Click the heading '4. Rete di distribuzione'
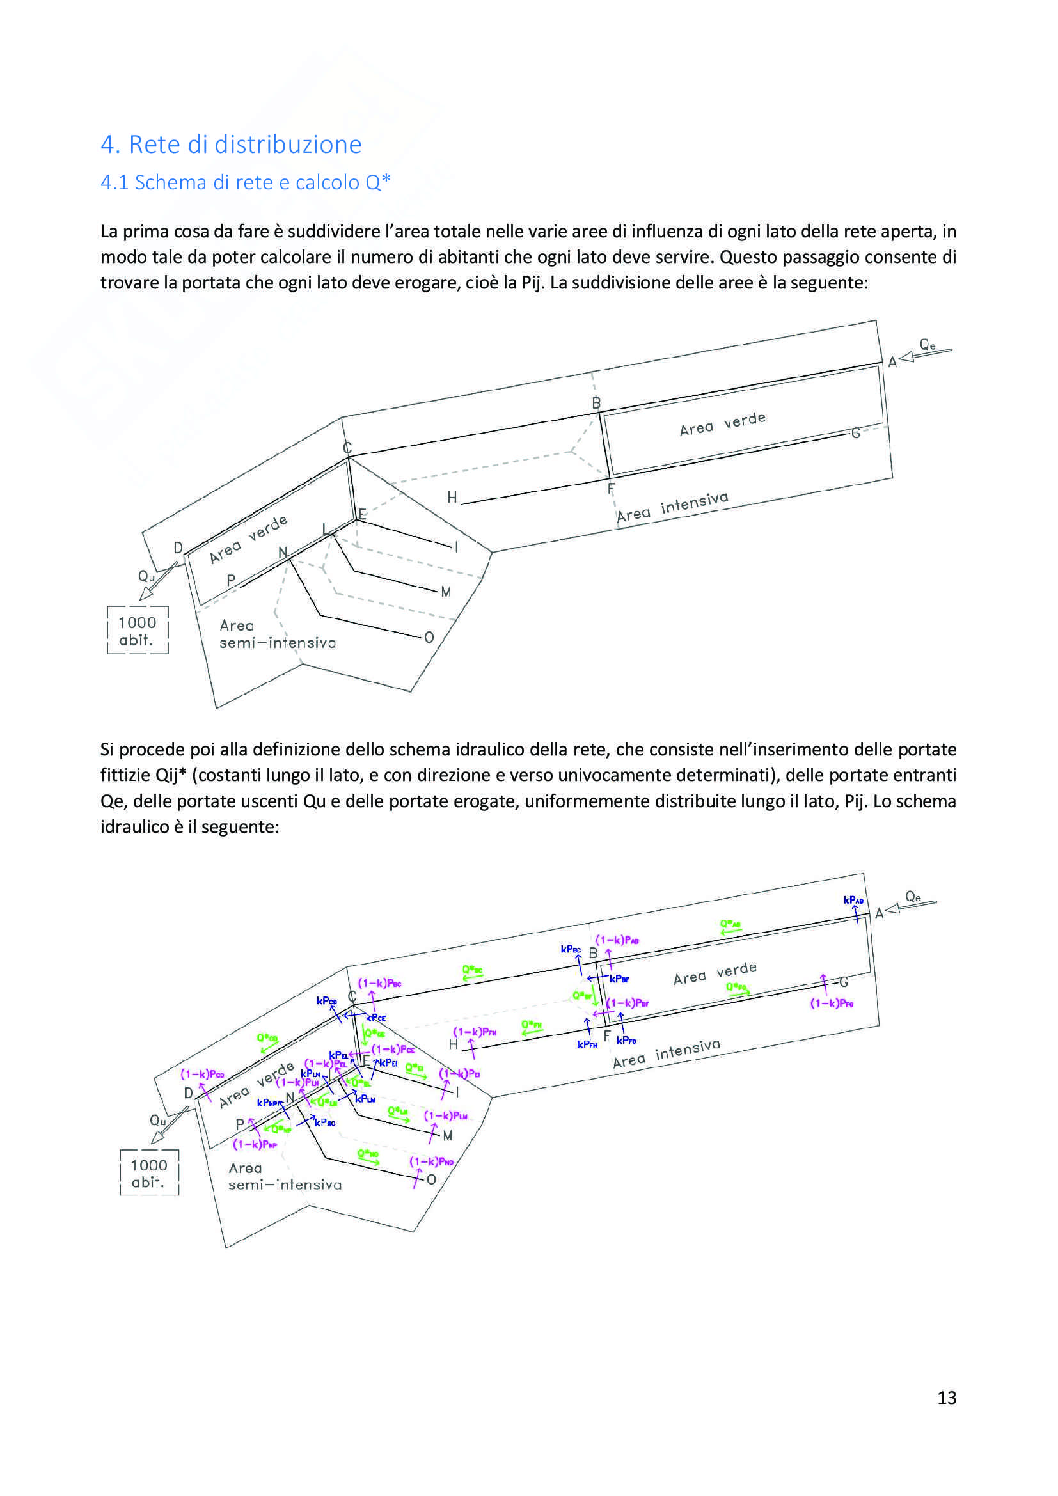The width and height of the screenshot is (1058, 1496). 231,144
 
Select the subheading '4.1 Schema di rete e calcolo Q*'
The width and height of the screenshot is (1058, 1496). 245,182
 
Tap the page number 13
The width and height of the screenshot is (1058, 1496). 947,1397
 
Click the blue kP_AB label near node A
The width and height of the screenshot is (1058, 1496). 853,900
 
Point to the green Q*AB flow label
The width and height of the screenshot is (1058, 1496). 730,924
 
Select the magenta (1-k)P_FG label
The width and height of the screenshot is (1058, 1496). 832,1004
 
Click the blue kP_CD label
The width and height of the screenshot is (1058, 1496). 326,1001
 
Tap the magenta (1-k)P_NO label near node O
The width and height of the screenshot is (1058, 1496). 431,1161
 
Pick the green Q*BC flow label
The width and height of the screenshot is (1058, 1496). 472,970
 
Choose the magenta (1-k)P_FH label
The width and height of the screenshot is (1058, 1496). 474,1032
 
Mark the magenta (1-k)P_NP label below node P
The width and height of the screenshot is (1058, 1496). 255,1144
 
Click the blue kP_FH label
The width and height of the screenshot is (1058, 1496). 587,1044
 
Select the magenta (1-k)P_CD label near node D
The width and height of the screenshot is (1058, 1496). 202,1074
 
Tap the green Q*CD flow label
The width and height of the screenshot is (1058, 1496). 267,1038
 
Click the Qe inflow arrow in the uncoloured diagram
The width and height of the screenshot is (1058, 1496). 925,352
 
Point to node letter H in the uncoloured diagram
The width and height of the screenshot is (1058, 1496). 452,498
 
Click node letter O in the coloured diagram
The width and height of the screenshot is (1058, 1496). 431,1179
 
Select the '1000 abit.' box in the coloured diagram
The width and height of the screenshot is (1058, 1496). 149,1173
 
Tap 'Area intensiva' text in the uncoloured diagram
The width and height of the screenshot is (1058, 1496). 672,507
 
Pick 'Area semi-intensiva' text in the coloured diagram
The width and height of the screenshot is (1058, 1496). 284,1176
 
